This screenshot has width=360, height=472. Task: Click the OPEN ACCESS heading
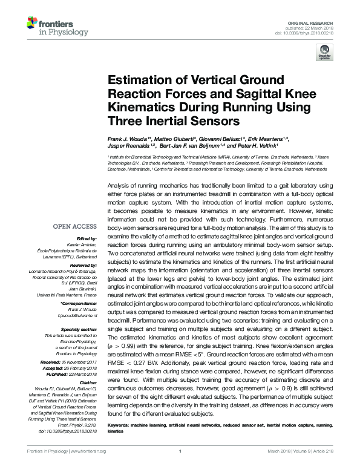point(74,226)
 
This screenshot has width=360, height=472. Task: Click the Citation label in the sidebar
point(88,382)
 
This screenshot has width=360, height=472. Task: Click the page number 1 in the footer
point(180,451)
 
